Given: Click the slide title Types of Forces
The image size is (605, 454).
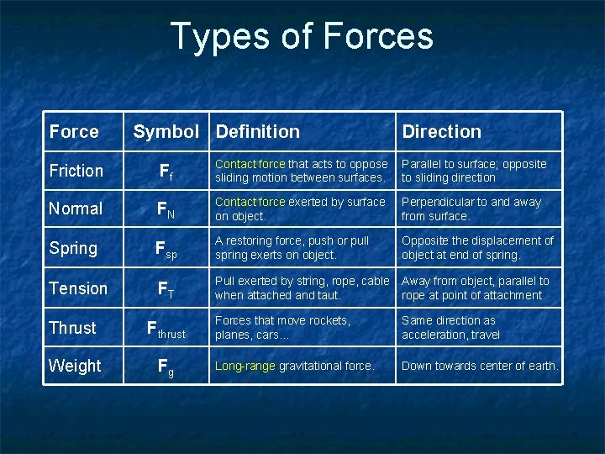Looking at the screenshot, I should (302, 37).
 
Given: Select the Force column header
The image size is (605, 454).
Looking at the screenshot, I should (74, 132).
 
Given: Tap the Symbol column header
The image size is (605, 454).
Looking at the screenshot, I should (166, 132).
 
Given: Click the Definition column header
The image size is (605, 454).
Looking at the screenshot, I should (257, 132).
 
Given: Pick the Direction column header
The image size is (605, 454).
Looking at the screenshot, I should (441, 132).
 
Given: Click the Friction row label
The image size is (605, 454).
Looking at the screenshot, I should (76, 171).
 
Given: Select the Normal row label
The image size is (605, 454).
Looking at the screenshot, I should (76, 209).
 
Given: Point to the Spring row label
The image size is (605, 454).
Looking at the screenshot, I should (73, 248).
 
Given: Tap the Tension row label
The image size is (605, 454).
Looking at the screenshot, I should (78, 288).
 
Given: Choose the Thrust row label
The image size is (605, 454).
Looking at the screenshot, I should (72, 328).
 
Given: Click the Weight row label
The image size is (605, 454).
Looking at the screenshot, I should (75, 366).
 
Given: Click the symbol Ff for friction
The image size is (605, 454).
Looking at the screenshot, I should (166, 172).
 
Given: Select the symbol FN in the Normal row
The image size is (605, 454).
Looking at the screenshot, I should (166, 209).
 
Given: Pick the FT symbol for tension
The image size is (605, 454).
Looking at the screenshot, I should (166, 289).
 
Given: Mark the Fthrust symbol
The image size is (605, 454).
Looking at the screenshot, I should (166, 329).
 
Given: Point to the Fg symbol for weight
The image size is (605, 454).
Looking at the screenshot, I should (166, 367).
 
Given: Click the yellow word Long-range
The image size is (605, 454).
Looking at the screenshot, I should (245, 366).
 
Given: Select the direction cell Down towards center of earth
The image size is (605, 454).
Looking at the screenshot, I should (480, 366).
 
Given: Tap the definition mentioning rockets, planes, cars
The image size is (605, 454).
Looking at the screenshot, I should (282, 328).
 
